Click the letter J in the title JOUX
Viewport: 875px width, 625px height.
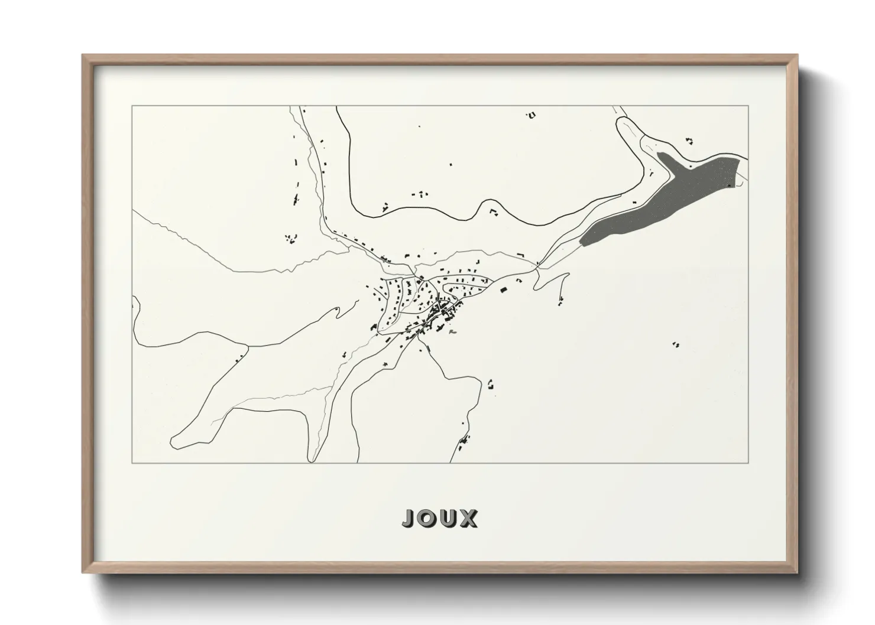tap(409, 518)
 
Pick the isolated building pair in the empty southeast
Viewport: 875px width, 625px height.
tap(676, 344)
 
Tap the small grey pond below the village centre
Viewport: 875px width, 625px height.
tap(452, 333)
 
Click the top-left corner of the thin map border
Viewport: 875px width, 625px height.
tap(132, 106)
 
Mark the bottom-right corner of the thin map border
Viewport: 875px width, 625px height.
tap(748, 463)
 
